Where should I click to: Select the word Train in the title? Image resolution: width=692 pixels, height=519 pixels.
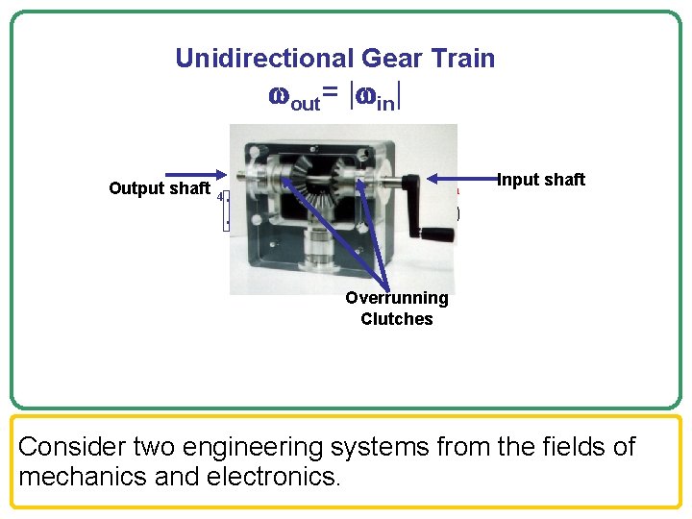(460, 59)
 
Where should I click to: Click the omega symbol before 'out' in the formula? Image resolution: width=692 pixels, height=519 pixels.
(278, 97)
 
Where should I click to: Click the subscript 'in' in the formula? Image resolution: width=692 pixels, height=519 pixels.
(385, 102)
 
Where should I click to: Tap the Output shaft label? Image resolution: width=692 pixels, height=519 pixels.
(159, 188)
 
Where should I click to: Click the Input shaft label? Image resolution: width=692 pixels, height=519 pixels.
(541, 180)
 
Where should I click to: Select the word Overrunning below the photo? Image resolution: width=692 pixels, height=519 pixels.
(396, 298)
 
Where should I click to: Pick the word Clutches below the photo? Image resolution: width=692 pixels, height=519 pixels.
(396, 319)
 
